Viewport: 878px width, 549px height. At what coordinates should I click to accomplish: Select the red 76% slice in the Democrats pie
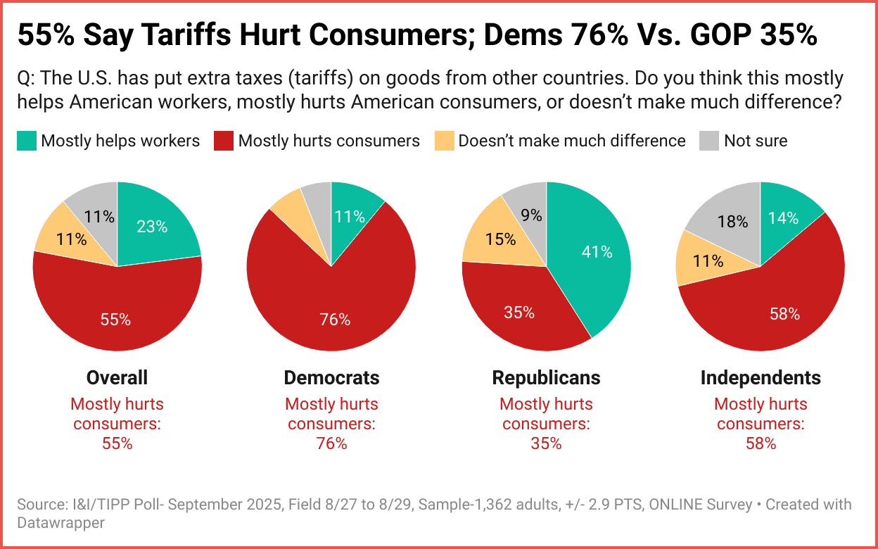[335, 310]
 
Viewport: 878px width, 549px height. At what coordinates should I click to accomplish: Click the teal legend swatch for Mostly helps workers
[26, 141]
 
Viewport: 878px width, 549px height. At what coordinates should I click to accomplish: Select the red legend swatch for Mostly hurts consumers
[224, 141]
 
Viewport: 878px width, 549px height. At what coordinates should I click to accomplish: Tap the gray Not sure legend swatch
[709, 141]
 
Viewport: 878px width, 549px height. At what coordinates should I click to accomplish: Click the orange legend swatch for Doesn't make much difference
[444, 141]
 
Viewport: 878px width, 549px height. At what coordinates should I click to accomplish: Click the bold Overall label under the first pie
[117, 378]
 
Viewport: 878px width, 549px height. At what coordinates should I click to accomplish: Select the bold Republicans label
[546, 378]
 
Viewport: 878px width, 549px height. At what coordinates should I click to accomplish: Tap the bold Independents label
[761, 378]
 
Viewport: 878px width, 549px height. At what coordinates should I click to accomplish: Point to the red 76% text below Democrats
[331, 443]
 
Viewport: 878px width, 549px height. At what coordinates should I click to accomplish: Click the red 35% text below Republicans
[546, 443]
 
